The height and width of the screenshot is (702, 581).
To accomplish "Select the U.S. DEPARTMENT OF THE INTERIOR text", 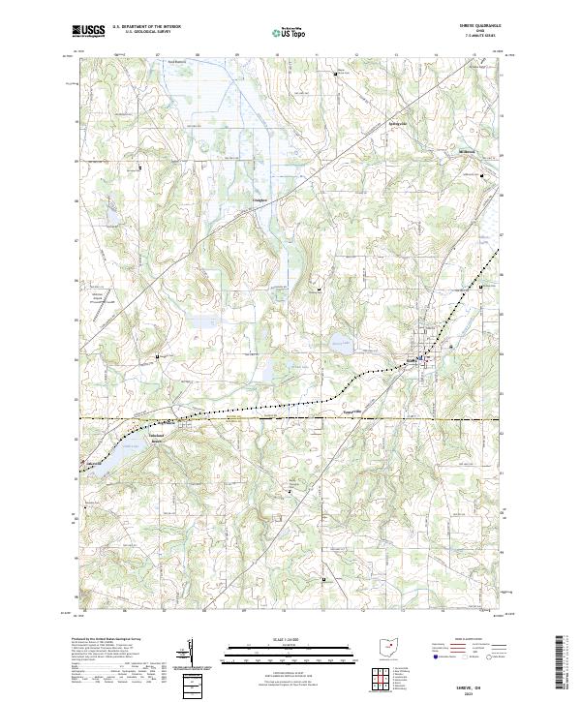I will (x=146, y=27).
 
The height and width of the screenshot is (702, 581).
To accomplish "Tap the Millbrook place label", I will (x=468, y=151).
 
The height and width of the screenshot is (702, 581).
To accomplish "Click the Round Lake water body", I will (x=338, y=341).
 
